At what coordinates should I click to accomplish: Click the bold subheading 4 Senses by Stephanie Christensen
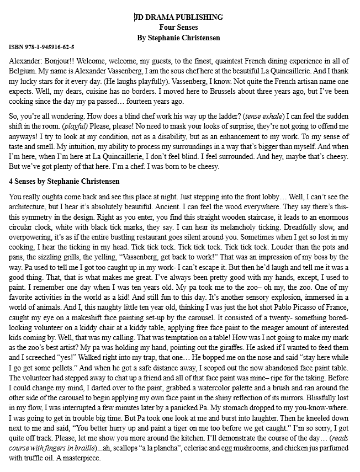click(64, 182)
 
